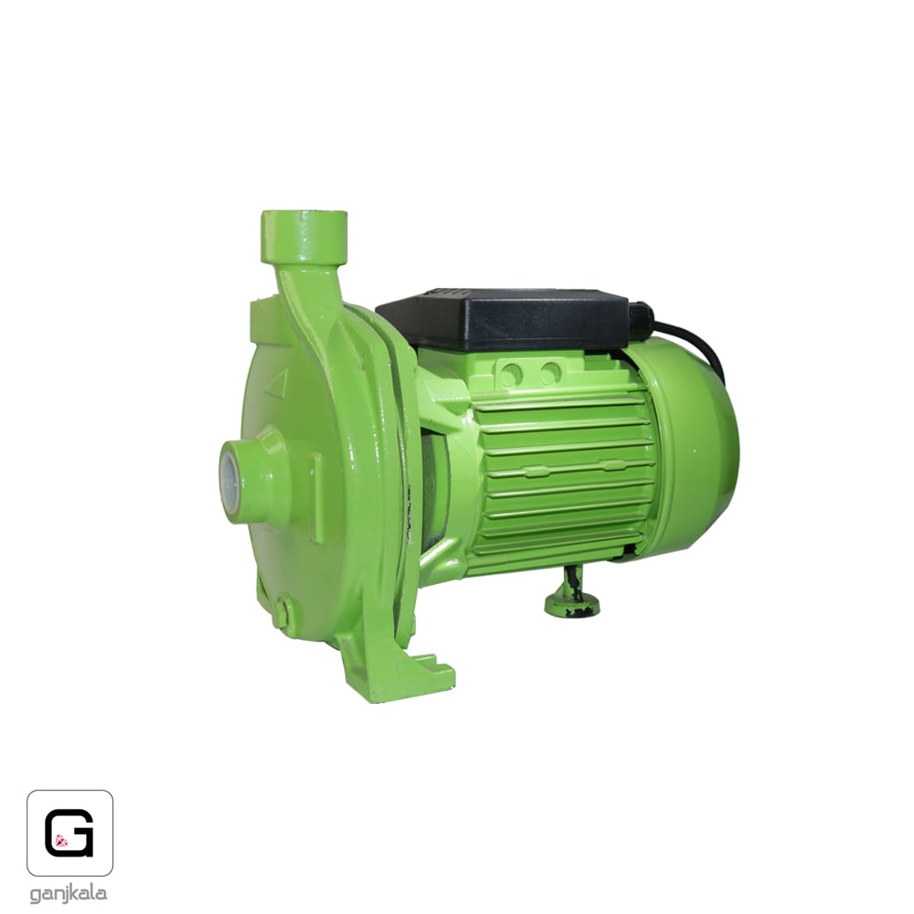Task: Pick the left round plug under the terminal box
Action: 511,373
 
